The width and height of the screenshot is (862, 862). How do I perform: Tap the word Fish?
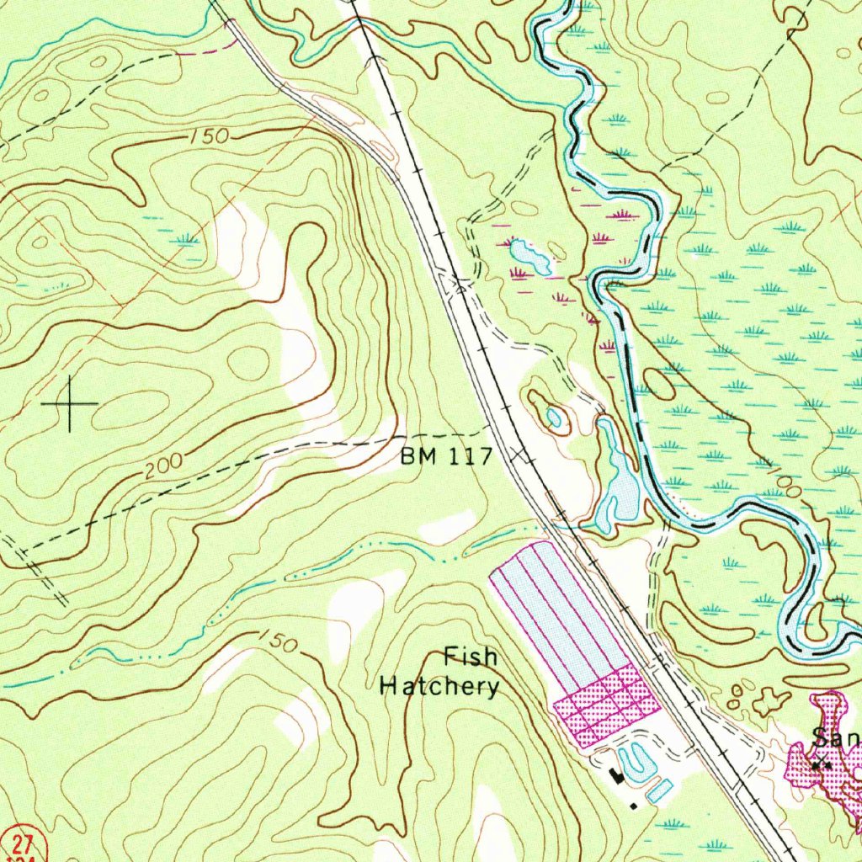click(x=471, y=657)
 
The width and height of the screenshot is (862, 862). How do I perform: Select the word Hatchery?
click(x=439, y=686)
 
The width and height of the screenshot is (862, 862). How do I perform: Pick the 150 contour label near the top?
click(x=209, y=136)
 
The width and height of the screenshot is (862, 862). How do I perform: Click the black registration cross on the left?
click(x=70, y=404)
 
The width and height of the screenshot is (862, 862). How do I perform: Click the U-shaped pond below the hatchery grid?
click(x=638, y=762)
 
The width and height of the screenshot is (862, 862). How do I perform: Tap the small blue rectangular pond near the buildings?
click(x=661, y=790)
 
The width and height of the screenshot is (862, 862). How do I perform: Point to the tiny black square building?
click(x=633, y=806)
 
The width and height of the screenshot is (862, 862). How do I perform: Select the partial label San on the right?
click(x=835, y=738)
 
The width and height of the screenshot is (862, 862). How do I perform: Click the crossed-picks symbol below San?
click(x=822, y=764)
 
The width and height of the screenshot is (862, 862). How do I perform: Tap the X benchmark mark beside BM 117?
click(x=524, y=457)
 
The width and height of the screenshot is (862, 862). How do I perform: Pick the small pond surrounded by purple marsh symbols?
click(x=529, y=255)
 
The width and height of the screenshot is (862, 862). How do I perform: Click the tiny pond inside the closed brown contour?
click(x=554, y=417)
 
